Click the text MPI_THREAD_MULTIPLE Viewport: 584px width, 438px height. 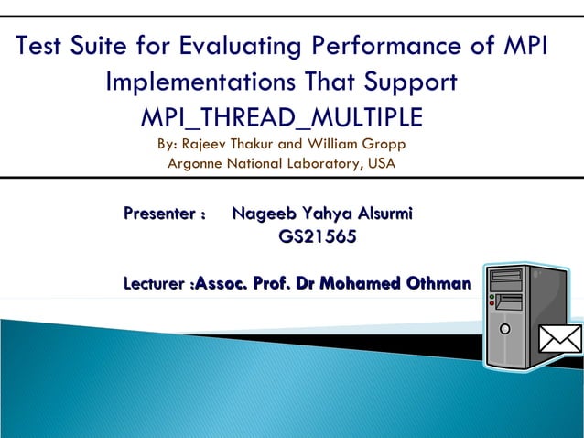(x=280, y=118)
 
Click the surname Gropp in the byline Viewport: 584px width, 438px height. (x=384, y=145)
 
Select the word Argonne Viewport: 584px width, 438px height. (x=195, y=165)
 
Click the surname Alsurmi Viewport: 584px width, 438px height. (x=374, y=215)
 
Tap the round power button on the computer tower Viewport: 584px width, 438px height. (x=503, y=327)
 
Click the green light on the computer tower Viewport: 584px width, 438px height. (x=492, y=296)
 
